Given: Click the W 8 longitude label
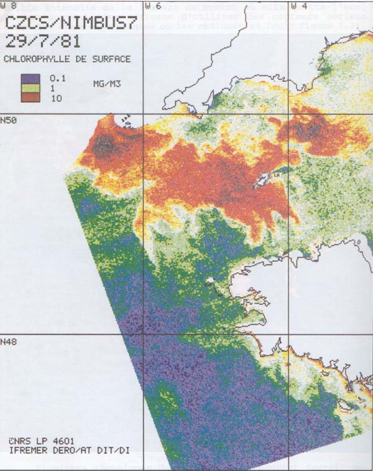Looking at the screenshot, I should click(x=9, y=6).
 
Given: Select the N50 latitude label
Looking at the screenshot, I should click(x=9, y=119).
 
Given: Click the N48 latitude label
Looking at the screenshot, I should click(x=9, y=341).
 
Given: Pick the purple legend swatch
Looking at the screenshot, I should click(x=30, y=79).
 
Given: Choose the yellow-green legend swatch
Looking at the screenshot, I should click(x=30, y=88).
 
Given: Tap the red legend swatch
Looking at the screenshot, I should click(x=30, y=98).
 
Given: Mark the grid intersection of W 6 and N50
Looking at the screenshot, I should click(x=144, y=113).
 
